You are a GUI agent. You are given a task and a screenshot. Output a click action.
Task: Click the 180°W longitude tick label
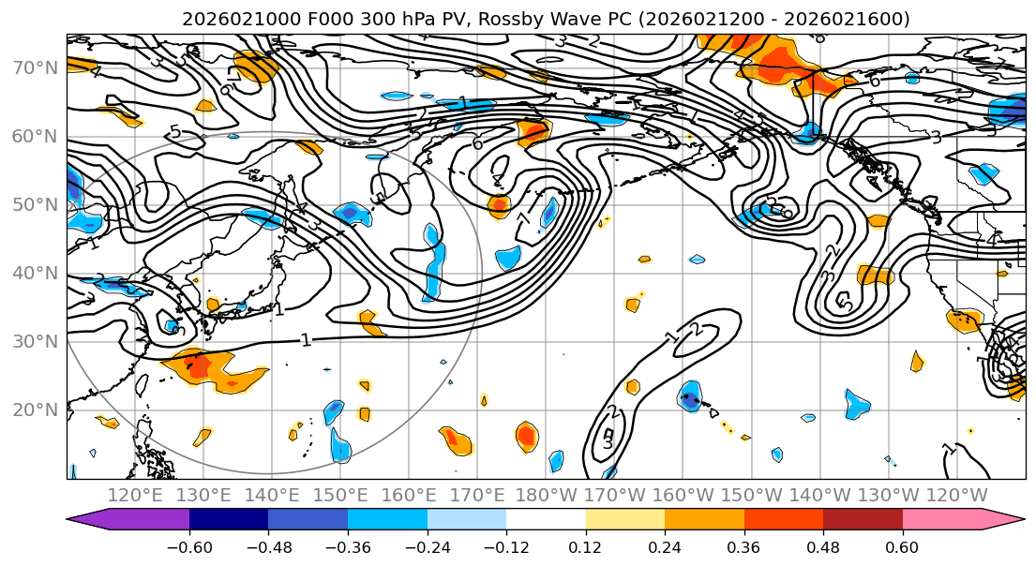tap(547, 494)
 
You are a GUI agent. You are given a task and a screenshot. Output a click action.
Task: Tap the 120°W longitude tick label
tap(957, 494)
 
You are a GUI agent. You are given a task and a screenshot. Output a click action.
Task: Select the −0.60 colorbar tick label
tap(189, 546)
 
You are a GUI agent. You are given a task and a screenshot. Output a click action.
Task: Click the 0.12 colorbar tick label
tap(586, 546)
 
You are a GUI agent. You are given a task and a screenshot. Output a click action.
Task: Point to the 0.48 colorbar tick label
tap(823, 546)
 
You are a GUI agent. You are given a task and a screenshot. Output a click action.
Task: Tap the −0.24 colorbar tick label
tap(428, 546)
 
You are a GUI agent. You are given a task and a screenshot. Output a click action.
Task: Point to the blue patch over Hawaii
tap(691, 397)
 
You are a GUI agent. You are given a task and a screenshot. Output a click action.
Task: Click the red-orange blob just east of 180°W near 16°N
tap(527, 435)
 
